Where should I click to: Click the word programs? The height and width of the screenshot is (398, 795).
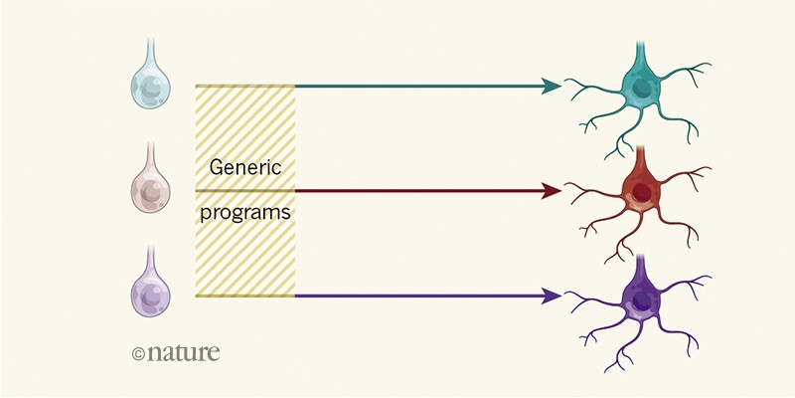coord(244,213)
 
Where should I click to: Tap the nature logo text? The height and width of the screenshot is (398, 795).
coord(183,351)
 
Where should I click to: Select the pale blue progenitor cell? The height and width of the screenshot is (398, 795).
coord(151,87)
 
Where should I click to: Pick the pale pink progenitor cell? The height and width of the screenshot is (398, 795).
coord(151,188)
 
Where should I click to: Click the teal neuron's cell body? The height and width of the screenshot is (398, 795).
coord(640,88)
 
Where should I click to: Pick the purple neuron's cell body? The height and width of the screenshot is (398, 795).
coord(640,296)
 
